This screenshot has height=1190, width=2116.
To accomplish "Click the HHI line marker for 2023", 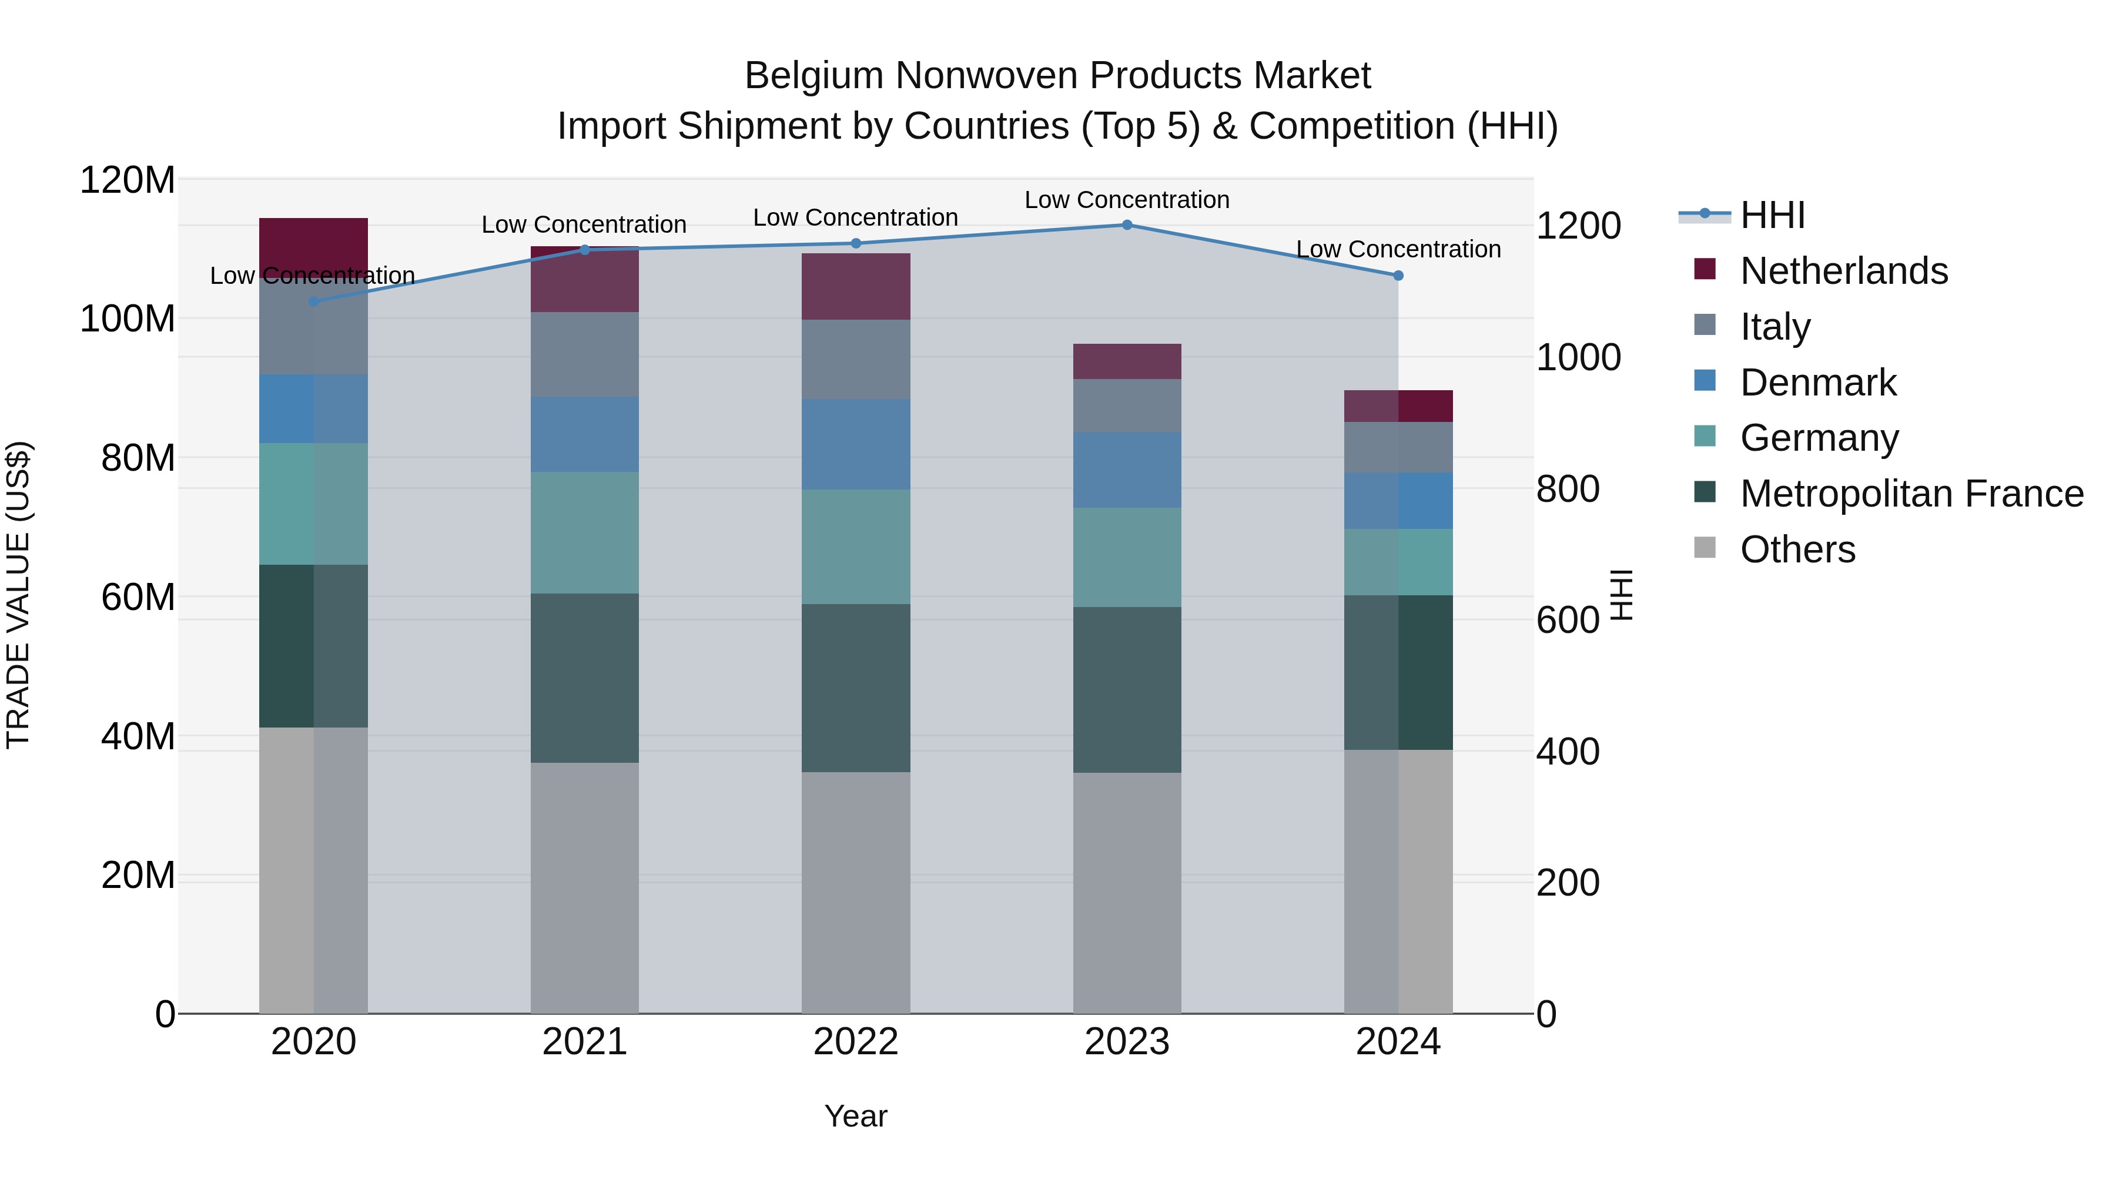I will point(1127,224).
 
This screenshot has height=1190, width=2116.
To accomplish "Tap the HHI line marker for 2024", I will point(1398,275).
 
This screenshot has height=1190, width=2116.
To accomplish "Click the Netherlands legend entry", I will point(1843,271).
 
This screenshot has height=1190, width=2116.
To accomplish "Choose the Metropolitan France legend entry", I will point(1911,494).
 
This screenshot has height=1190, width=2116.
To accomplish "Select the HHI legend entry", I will point(1772,215).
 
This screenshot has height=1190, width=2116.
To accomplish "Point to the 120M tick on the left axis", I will point(128,180).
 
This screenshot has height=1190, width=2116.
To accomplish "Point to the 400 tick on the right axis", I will point(1567,752).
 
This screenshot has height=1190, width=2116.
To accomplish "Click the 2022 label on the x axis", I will point(856,1042).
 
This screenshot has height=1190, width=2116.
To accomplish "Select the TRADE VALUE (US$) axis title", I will point(18,595).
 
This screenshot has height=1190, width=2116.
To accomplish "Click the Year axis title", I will point(856,1116).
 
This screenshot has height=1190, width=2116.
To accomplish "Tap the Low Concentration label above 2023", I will point(1127,200).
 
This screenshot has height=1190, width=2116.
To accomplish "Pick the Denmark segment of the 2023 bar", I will point(1127,470).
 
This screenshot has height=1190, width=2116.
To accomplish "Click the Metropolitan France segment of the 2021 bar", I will point(585,678).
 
